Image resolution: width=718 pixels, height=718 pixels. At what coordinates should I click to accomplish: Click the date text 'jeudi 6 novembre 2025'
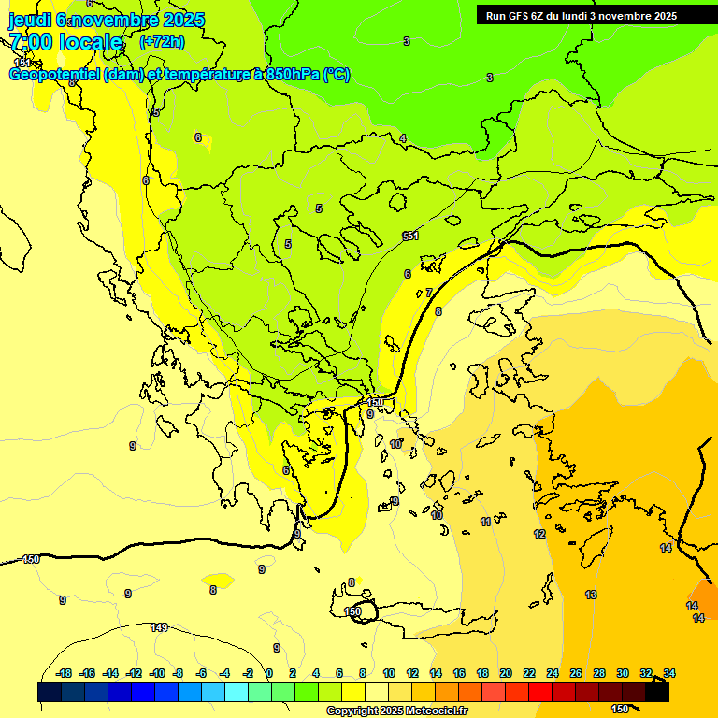pos(98,20)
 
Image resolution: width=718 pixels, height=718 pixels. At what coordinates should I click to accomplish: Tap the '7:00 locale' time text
pos(65,42)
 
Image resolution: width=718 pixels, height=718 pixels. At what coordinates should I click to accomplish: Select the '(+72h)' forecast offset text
pos(162,42)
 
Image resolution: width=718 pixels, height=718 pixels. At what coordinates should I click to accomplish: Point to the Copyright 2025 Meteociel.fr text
pos(396,711)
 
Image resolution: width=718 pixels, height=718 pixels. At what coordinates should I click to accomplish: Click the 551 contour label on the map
pos(410,236)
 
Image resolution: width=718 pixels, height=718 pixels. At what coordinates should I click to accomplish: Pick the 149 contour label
pos(159,627)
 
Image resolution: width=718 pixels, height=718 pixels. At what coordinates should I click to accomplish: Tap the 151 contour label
pos(22,63)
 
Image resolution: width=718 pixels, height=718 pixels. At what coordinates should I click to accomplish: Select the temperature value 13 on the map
pos(591,595)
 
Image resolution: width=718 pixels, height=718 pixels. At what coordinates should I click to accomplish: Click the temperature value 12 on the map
pos(539,534)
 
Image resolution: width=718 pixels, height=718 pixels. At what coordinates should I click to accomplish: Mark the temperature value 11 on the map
pos(486,522)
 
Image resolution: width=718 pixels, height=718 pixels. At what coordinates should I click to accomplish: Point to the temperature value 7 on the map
pos(429,293)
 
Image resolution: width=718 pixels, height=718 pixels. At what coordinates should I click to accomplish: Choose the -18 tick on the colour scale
pos(65,673)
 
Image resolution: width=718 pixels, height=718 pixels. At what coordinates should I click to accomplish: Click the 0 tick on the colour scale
pos(268,673)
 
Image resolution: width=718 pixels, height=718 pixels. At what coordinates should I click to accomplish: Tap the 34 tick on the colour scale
pos(669,673)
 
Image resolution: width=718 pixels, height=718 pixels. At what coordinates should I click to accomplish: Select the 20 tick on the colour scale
pos(506,673)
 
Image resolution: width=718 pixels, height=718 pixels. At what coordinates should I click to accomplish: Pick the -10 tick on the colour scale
pos(157,673)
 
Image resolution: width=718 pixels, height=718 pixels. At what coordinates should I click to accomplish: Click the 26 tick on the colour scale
pos(576,673)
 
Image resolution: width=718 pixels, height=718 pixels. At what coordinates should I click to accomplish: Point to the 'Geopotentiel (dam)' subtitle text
pos(77,75)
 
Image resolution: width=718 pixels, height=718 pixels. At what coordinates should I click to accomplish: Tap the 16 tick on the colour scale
pos(459,673)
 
